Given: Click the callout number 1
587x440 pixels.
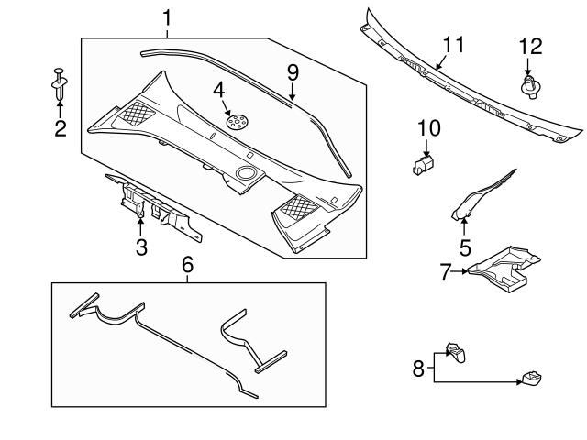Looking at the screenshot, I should (x=167, y=16).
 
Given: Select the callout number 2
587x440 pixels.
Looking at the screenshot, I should (x=60, y=128).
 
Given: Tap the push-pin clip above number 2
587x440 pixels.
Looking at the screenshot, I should (x=60, y=83).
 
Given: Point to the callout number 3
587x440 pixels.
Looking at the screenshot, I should (x=142, y=247).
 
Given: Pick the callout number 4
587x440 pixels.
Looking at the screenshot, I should (x=218, y=90).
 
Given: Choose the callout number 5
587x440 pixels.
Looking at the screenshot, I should (x=465, y=247).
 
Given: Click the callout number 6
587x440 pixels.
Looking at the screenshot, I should (x=187, y=264).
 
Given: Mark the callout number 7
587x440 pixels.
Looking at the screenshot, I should (x=447, y=271).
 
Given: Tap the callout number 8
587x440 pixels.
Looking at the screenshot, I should (x=417, y=368).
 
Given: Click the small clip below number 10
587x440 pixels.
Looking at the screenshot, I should (x=421, y=164).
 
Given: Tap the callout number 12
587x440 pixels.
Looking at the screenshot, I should (x=530, y=45).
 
